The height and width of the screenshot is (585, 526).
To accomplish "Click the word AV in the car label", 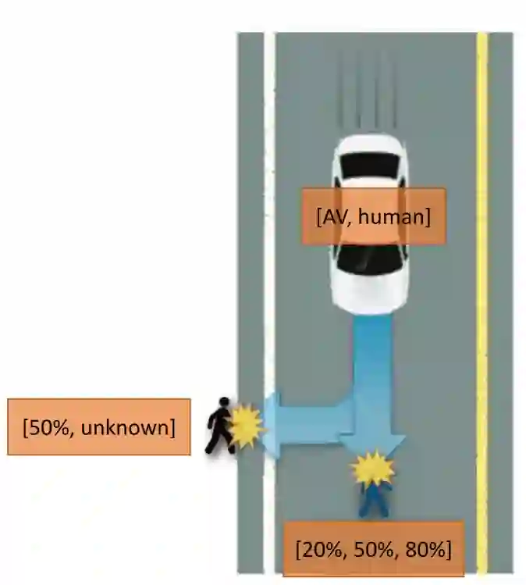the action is [331, 216].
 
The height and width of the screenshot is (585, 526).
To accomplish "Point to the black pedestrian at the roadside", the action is [219, 426].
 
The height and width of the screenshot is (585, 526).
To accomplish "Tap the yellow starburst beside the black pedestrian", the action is [246, 426].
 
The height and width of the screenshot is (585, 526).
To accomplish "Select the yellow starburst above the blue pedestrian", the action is [371, 469].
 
